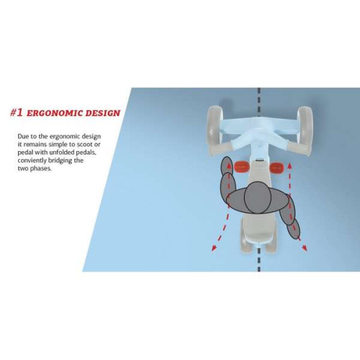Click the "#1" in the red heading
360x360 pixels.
coord(17,112)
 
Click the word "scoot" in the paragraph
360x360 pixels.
coord(81,145)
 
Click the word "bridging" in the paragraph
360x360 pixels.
coord(60,161)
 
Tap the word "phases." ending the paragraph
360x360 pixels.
coord(40,168)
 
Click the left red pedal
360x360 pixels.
coord(242,167)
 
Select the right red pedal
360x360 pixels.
coord(276,167)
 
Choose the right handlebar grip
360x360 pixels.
coord(298,149)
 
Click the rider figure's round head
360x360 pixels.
coord(258,197)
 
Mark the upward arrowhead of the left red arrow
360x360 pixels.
coord(229,166)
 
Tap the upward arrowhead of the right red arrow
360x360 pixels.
coord(289,166)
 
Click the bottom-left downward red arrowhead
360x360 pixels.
coord(215,248)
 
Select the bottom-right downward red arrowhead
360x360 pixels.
coord(304,248)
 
